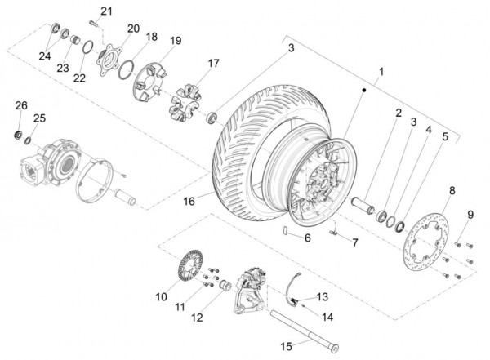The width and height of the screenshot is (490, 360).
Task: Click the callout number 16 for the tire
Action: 189,202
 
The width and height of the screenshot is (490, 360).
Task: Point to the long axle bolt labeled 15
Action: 305,331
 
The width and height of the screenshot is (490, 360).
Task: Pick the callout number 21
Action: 106,11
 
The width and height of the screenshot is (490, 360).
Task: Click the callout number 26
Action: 21,105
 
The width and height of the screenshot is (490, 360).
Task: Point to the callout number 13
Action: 323,296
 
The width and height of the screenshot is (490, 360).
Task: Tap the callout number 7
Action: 355,242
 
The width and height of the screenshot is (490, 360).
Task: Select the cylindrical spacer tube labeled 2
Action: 363,205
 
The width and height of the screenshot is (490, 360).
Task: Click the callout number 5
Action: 445,136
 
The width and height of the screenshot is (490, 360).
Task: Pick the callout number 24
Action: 45,56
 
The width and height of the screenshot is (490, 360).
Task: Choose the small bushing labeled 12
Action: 225,286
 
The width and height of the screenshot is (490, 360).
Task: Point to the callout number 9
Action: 470,215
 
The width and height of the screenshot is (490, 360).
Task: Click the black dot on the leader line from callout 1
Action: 363,90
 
